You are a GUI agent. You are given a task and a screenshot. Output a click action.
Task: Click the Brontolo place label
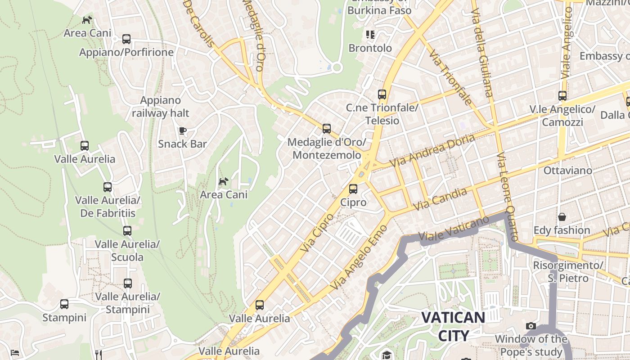(x=370, y=48)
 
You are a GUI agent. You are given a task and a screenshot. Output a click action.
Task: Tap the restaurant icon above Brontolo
(x=370, y=35)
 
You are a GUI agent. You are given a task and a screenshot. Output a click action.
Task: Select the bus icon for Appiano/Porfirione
(x=126, y=39)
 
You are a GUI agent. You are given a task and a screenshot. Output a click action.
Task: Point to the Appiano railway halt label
(x=161, y=107)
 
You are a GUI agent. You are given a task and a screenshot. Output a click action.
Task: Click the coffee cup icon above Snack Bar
(x=182, y=131)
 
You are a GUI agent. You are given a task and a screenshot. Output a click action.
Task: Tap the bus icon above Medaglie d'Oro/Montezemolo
(x=327, y=129)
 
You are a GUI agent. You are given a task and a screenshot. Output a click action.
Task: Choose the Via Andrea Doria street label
(x=432, y=150)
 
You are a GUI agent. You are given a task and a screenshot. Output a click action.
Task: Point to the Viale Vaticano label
(x=453, y=229)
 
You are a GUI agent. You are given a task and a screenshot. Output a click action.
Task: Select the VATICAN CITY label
(x=453, y=326)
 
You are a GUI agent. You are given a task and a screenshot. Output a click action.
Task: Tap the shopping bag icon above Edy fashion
(x=562, y=217)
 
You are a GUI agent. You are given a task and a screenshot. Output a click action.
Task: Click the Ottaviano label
(x=567, y=171)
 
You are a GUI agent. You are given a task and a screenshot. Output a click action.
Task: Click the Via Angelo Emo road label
(x=359, y=256)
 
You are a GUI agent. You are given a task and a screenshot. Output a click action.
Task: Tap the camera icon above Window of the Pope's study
(x=531, y=326)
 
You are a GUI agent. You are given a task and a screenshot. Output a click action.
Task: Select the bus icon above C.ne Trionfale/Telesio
(x=382, y=94)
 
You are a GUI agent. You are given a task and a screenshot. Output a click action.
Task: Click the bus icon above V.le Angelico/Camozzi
(x=562, y=96)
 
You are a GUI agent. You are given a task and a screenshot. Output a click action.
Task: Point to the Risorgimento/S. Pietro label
(x=567, y=272)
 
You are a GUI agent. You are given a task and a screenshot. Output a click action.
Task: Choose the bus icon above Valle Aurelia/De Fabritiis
(x=108, y=187)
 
